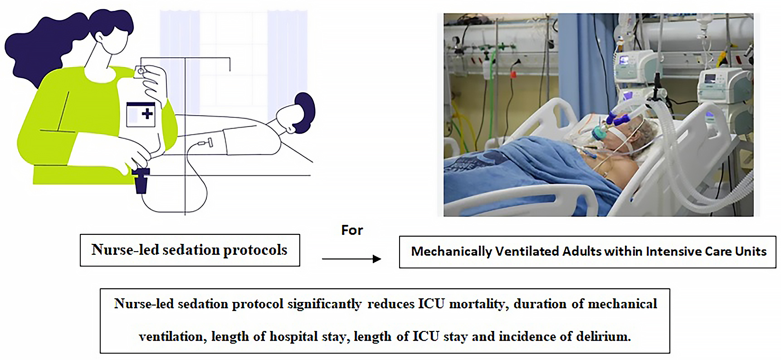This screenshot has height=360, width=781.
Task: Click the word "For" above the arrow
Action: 352,230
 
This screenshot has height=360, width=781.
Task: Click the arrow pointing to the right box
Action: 351,259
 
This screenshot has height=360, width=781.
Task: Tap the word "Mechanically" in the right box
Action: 451,252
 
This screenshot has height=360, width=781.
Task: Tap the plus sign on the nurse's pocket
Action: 147,113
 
